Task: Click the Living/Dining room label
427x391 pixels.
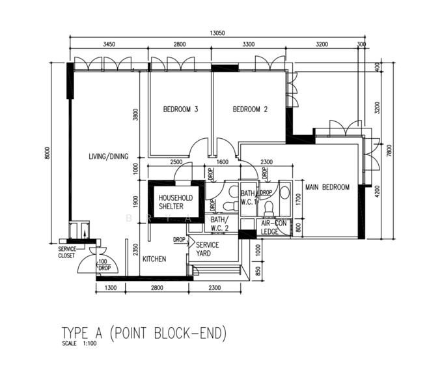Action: pyautogui.click(x=108, y=156)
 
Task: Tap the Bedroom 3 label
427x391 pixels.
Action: pyautogui.click(x=180, y=109)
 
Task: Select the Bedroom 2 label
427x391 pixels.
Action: pyautogui.click(x=250, y=109)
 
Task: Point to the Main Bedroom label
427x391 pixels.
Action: pyautogui.click(x=327, y=188)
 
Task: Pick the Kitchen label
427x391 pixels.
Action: pyautogui.click(x=154, y=259)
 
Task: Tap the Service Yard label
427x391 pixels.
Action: pyautogui.click(x=208, y=249)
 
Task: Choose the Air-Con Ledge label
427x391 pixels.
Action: pyautogui.click(x=272, y=227)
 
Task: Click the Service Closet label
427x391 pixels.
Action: pyautogui.click(x=67, y=252)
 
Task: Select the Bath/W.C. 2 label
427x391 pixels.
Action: pyautogui.click(x=219, y=224)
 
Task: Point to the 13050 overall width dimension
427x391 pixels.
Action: pyautogui.click(x=218, y=33)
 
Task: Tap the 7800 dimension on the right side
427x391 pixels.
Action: pyautogui.click(x=389, y=151)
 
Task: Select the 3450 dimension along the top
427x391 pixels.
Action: pyautogui.click(x=109, y=45)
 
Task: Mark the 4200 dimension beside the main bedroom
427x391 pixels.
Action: pyautogui.click(x=377, y=194)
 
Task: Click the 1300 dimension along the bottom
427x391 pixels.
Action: pyautogui.click(x=110, y=287)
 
